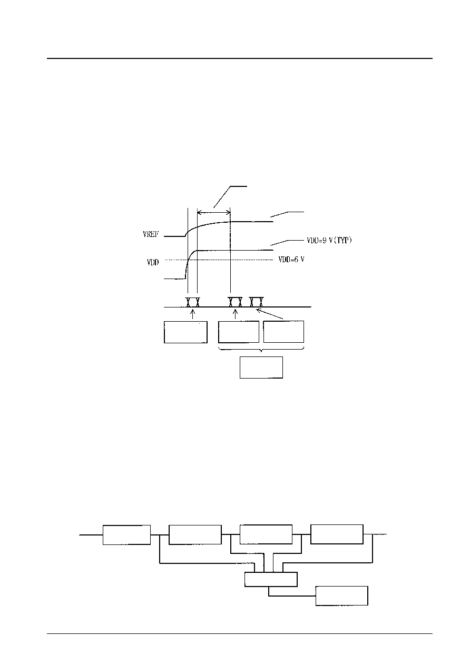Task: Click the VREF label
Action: [151, 234]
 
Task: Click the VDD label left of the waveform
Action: [153, 262]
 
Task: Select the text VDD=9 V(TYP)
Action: [329, 240]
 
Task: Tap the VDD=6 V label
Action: [291, 260]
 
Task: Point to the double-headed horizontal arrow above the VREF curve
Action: [214, 212]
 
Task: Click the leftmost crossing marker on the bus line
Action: [192, 302]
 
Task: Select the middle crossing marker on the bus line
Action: [235, 302]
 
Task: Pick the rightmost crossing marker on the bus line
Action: [256, 302]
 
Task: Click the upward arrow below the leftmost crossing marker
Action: [193, 314]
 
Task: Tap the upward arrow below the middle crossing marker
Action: [236, 314]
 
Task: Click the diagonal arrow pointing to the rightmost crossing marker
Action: [270, 314]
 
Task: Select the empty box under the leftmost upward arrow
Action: [185, 332]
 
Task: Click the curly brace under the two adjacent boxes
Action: [261, 350]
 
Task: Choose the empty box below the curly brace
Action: [261, 368]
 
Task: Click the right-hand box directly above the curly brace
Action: [283, 332]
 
